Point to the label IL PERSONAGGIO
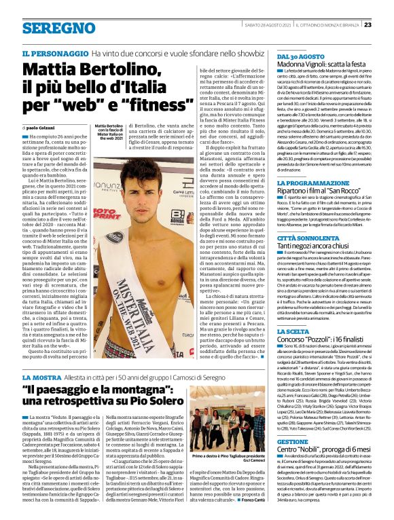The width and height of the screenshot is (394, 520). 52,53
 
